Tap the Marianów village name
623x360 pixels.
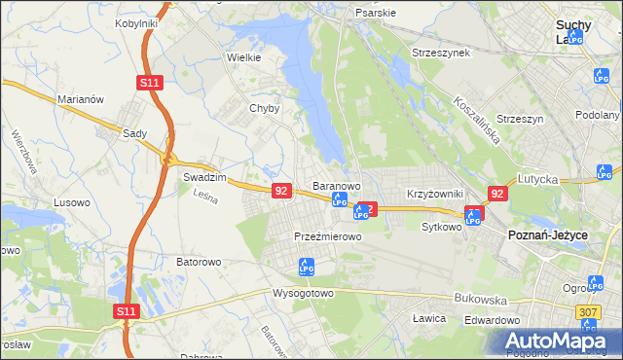[x=80, y=98]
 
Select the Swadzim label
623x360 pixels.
[x=204, y=178]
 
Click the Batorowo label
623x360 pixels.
[x=200, y=262]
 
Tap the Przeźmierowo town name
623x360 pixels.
[x=328, y=236]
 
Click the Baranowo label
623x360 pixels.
[x=337, y=185]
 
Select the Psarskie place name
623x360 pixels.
[x=376, y=14]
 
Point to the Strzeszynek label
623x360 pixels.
[x=441, y=52]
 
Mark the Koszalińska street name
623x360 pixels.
[x=477, y=120]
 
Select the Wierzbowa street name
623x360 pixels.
[x=24, y=152]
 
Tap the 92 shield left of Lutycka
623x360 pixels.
[x=497, y=194]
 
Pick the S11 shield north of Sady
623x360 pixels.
[x=148, y=84]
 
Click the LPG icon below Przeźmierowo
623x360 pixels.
[x=307, y=265]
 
